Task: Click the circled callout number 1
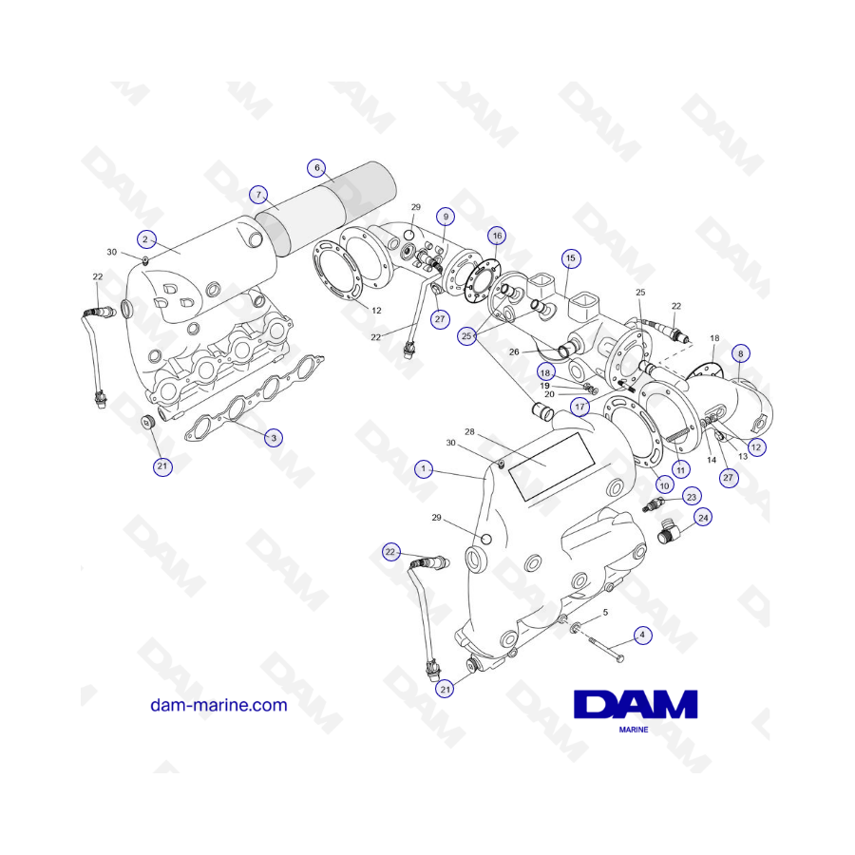click(424, 468)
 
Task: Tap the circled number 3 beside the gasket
click(274, 438)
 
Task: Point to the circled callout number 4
click(643, 635)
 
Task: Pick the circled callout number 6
click(316, 168)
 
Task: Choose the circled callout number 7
click(257, 194)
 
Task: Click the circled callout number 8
click(741, 352)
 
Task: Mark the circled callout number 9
click(446, 215)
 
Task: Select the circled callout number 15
click(570, 257)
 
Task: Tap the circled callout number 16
click(497, 235)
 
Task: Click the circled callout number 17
click(579, 407)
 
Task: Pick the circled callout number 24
click(702, 518)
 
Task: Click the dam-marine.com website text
click(218, 705)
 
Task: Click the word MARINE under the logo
click(634, 732)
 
